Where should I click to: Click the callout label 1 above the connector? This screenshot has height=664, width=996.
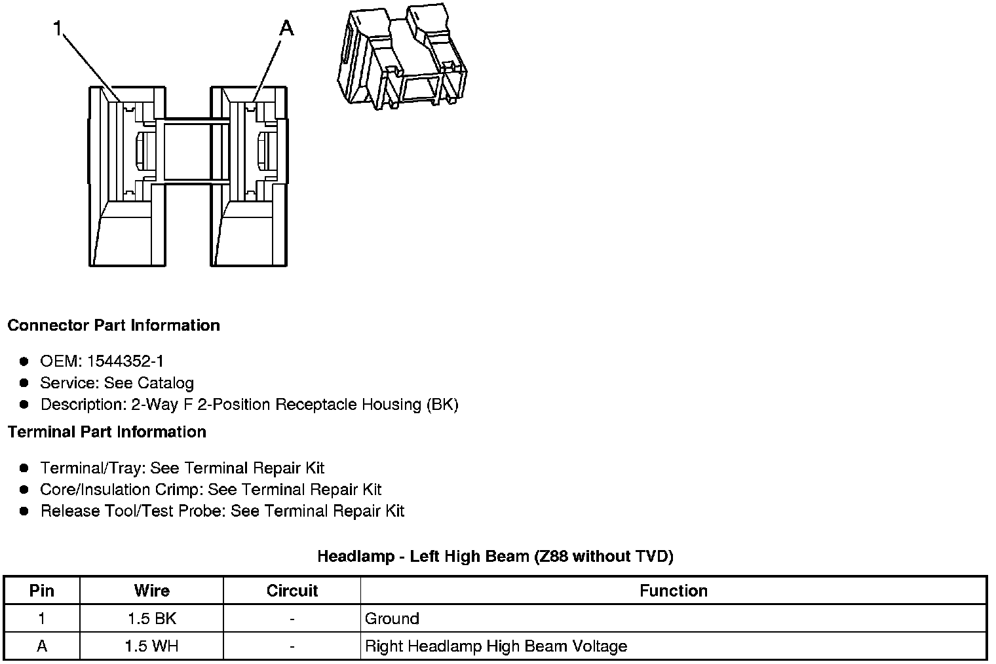tap(58, 28)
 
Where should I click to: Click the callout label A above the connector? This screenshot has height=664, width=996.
tap(286, 28)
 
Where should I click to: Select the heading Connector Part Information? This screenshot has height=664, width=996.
tap(113, 325)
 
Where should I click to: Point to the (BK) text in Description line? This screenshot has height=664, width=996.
tap(442, 405)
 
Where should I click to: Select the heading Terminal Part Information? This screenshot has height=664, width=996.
tap(107, 432)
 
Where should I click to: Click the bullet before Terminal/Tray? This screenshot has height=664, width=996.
tap(24, 468)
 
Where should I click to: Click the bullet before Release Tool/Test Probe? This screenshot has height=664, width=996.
tap(24, 511)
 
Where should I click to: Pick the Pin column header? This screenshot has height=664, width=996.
tap(42, 591)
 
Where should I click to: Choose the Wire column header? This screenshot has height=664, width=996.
tap(151, 591)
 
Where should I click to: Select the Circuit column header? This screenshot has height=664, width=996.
tap(292, 591)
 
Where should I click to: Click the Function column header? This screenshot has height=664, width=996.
tap(673, 591)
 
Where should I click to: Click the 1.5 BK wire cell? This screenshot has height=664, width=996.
tap(151, 619)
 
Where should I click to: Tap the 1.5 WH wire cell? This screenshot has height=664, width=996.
tap(151, 646)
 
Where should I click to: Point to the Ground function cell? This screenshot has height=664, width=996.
tap(392, 619)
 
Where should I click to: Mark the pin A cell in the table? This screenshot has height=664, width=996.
tap(42, 646)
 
